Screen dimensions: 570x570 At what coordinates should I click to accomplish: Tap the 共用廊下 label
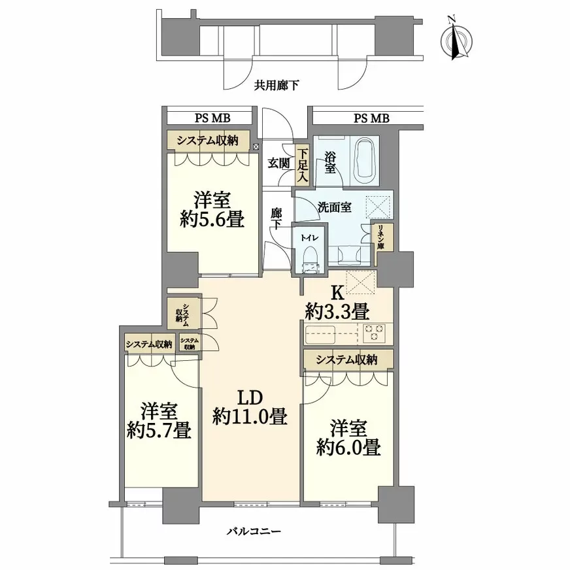click(x=277, y=86)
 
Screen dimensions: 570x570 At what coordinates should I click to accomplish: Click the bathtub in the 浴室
click(x=364, y=161)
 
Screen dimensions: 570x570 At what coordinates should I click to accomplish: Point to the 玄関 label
click(x=279, y=163)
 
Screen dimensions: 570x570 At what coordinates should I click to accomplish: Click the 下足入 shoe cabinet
click(x=302, y=165)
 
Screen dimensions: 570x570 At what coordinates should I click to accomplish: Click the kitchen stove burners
click(x=374, y=333)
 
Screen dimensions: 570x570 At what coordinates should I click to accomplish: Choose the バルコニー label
click(x=254, y=531)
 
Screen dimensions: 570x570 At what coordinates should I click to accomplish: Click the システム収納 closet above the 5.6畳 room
click(x=209, y=140)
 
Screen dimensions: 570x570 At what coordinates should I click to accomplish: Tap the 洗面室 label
click(x=334, y=207)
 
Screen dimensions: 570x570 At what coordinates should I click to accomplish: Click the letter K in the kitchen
click(x=337, y=293)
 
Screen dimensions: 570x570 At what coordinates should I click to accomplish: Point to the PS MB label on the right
click(x=371, y=118)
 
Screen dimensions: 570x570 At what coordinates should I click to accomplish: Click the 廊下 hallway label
click(x=277, y=219)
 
